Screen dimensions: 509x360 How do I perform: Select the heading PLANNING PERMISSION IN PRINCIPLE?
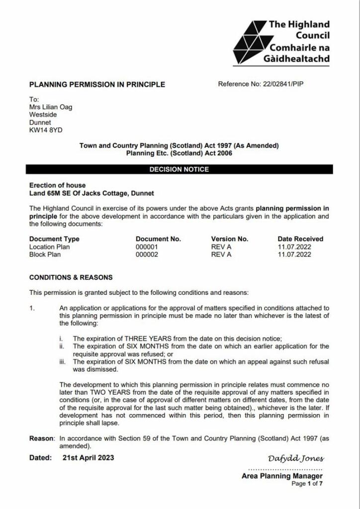pyautogui.click(x=97, y=85)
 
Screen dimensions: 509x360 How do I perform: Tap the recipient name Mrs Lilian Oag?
pyautogui.click(x=51, y=107)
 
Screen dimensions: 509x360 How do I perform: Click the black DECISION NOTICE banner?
pyautogui.click(x=180, y=170)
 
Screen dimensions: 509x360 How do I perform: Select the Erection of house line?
pyautogui.click(x=57, y=185)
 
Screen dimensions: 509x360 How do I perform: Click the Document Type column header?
pyautogui.click(x=54, y=239)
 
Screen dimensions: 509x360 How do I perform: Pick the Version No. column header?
pyautogui.click(x=229, y=239)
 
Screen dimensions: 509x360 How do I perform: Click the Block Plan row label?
pyautogui.click(x=45, y=254)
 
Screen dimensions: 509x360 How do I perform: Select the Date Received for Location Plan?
pyautogui.click(x=294, y=247)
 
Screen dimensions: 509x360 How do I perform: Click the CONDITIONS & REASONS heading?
pyautogui.click(x=71, y=277)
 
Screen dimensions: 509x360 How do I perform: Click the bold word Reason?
pyautogui.click(x=41, y=438)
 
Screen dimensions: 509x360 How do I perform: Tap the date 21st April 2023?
pyautogui.click(x=88, y=457)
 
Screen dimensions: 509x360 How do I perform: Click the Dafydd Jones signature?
pyautogui.click(x=296, y=458)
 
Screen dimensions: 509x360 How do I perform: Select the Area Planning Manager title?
pyautogui.click(x=282, y=476)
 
